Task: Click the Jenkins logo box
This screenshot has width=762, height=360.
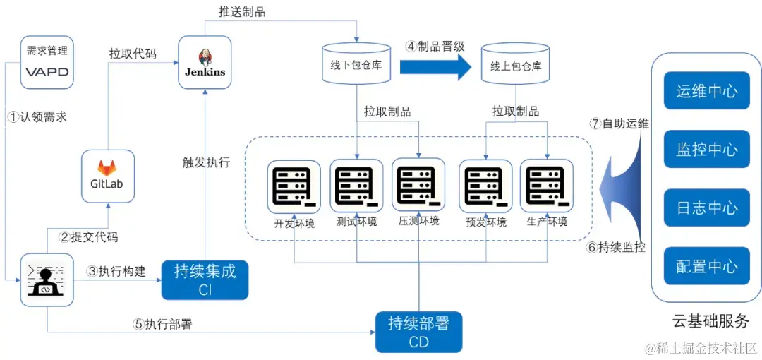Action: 205,64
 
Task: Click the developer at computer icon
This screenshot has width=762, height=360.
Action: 47,280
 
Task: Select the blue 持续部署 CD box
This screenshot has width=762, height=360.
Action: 418,332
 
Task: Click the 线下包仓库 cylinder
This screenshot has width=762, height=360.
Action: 356,64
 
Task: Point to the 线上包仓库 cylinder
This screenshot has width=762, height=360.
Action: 516,66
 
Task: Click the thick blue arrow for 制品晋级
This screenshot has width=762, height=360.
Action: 435,66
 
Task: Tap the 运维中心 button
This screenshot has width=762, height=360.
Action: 706,91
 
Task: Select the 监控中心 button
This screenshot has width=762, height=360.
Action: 706,150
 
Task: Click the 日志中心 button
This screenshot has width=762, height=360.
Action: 706,208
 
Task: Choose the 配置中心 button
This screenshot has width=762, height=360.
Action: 706,267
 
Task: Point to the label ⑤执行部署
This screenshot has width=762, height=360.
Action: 163,325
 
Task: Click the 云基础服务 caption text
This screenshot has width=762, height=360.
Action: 710,321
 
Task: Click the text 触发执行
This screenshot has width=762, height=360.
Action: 206,162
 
